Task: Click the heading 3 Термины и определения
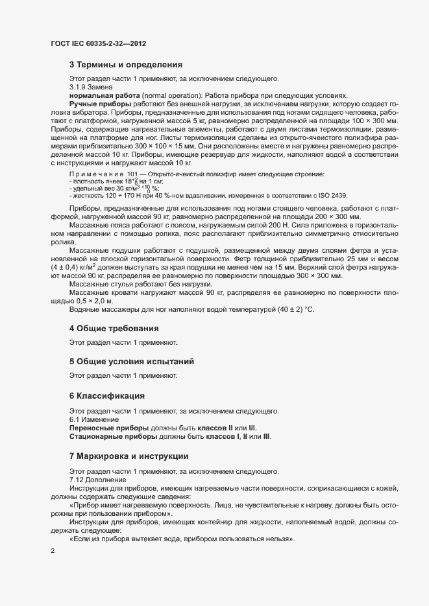click(x=125, y=65)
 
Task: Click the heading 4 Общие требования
click(x=114, y=329)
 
